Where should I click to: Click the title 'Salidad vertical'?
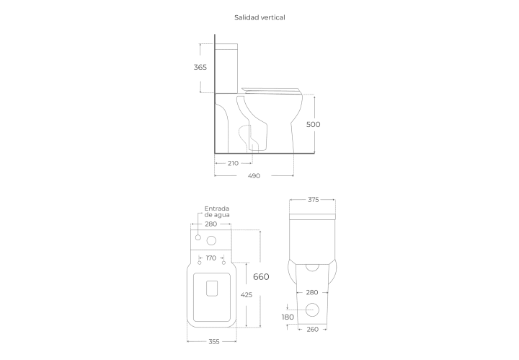(259, 17)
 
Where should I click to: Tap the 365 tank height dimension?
(200, 67)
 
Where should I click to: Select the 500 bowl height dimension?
(313, 124)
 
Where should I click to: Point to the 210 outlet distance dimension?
(233, 163)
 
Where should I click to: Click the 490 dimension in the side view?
(254, 176)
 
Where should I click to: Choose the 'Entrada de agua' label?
(217, 211)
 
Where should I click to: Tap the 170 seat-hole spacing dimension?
(210, 258)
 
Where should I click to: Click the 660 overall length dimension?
(261, 276)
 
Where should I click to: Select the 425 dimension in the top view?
(247, 295)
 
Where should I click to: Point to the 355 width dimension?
(214, 342)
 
